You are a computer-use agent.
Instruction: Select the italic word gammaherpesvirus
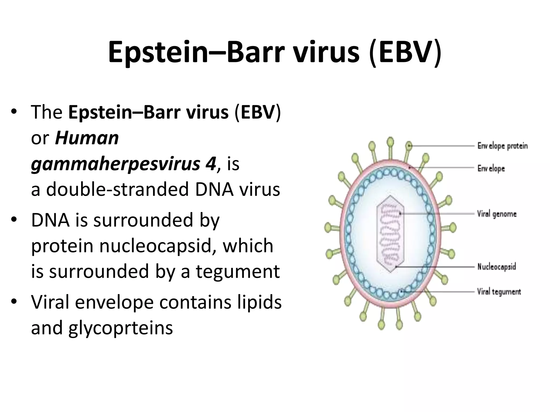click(115, 164)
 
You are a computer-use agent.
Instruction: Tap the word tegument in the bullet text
click(238, 271)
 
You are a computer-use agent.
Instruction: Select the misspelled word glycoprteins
click(121, 328)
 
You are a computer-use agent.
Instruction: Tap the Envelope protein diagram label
click(502, 146)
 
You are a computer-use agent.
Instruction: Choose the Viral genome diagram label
click(497, 214)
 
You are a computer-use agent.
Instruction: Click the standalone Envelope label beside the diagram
click(491, 168)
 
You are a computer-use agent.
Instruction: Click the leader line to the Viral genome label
click(438, 214)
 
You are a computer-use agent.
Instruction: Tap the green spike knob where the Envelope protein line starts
click(409, 146)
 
